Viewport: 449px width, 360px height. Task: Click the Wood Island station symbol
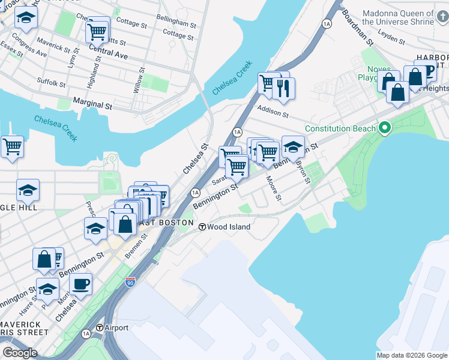point(203,227)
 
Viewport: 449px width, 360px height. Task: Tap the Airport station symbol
point(101,328)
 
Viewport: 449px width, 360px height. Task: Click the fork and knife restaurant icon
point(283,88)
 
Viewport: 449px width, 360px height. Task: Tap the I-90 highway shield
point(130,281)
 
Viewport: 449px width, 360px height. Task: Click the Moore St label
point(273,187)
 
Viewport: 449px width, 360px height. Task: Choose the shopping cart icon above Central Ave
point(97,31)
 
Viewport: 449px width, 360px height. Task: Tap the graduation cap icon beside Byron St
point(292,146)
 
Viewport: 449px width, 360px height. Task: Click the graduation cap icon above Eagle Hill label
point(28,190)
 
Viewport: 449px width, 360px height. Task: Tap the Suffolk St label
point(51,82)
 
